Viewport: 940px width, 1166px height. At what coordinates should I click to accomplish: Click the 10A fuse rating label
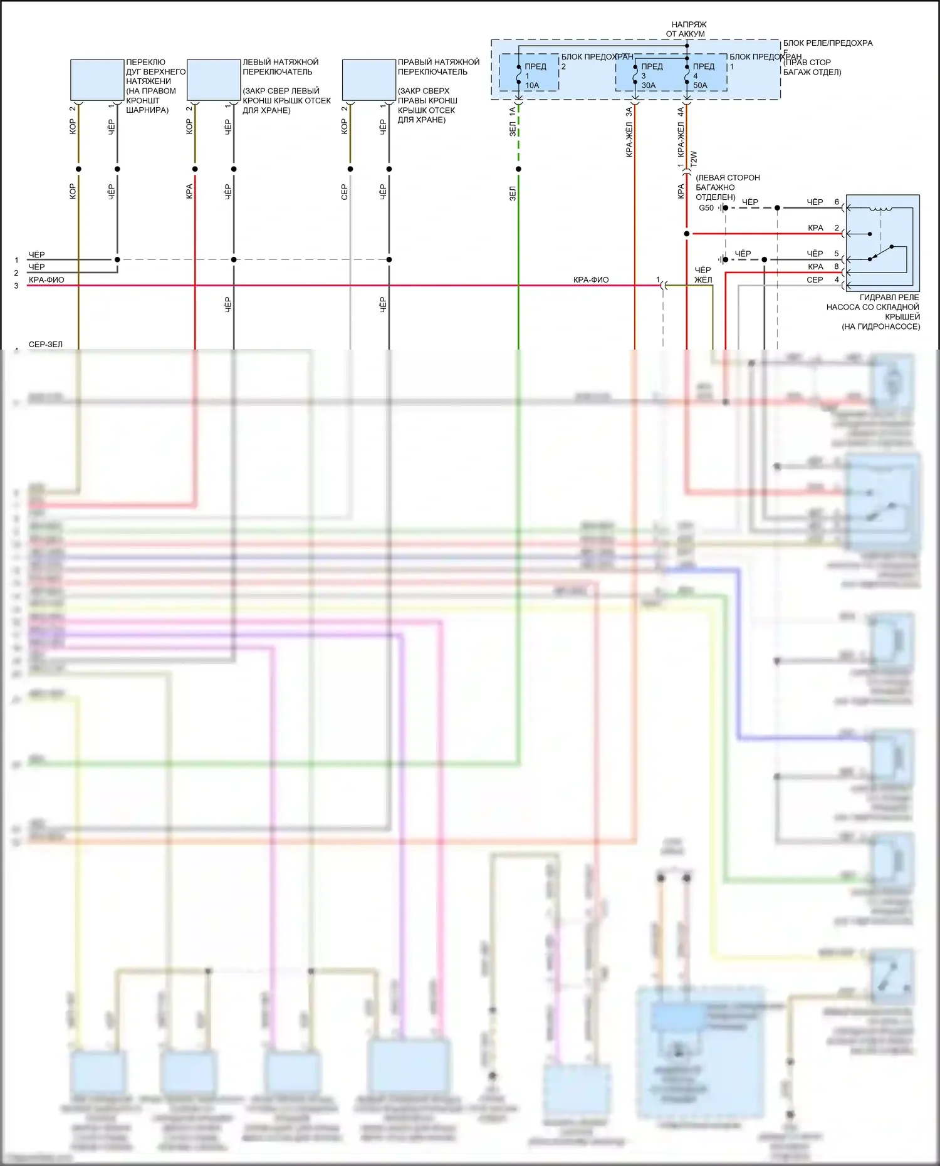coord(532,85)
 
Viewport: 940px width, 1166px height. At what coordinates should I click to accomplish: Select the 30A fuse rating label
coord(649,85)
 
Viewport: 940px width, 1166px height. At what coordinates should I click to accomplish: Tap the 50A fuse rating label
coord(700,85)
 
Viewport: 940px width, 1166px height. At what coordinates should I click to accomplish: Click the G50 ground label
coord(706,208)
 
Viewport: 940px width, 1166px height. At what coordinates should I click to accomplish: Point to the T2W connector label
coord(694,158)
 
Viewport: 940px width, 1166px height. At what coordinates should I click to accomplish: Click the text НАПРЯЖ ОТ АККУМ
coord(687,29)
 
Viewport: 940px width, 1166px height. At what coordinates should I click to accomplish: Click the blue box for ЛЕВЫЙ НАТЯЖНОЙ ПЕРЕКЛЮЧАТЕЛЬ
coord(214,80)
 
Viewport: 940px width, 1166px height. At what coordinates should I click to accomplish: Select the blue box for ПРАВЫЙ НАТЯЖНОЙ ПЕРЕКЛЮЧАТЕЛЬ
coord(369,80)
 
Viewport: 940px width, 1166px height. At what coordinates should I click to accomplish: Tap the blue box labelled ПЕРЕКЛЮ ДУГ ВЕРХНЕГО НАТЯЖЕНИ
coord(97,80)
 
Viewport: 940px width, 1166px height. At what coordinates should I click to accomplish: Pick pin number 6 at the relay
coord(837,202)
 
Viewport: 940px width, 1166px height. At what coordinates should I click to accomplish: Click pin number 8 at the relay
coord(837,266)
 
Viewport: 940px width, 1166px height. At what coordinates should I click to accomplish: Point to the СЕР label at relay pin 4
coord(815,280)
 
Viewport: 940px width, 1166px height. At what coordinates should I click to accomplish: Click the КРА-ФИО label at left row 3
coord(46,280)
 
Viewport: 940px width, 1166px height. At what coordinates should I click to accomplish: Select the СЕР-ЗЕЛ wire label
coord(46,344)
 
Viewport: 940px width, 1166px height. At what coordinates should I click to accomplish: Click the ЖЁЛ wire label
coord(703,280)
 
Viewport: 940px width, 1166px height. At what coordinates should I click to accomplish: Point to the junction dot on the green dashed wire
coord(518,169)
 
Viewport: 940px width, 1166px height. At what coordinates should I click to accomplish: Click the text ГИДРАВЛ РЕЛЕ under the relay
coord(889,298)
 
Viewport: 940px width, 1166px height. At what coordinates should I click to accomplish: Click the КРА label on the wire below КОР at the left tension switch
coord(189,191)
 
